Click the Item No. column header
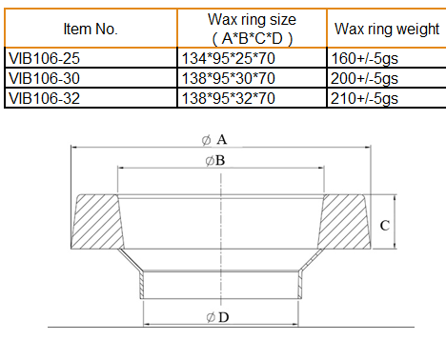[91, 29]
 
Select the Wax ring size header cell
[252, 29]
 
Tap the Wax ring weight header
[387, 29]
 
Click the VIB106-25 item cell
[44, 58]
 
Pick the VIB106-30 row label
[44, 78]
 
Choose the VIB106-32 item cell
[44, 98]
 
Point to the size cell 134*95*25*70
[228, 58]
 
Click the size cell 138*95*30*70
[228, 78]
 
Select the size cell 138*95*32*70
[228, 98]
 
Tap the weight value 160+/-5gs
[364, 59]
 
